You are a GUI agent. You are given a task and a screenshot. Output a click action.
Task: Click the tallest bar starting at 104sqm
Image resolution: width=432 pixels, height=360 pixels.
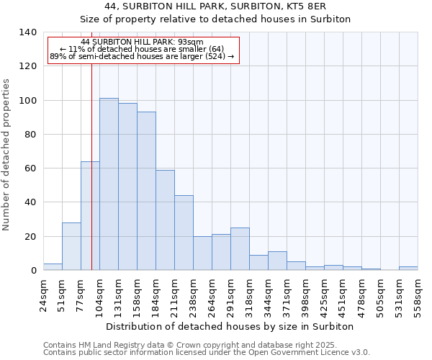click(109, 184)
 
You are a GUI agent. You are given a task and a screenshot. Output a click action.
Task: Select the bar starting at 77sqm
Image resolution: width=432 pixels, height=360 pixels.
click(90, 216)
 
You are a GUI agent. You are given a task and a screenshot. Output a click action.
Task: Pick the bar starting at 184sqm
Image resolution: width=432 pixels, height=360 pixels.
click(165, 220)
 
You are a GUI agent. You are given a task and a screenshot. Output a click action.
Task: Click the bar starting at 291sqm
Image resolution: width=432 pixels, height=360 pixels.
click(240, 249)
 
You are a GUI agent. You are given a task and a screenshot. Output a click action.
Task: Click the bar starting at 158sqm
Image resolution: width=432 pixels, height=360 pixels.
click(146, 192)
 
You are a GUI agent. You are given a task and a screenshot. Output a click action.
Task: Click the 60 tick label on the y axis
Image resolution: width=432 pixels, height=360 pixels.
click(30, 168)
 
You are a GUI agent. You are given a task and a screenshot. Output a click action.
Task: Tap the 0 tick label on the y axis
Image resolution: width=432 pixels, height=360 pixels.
click(33, 271)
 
